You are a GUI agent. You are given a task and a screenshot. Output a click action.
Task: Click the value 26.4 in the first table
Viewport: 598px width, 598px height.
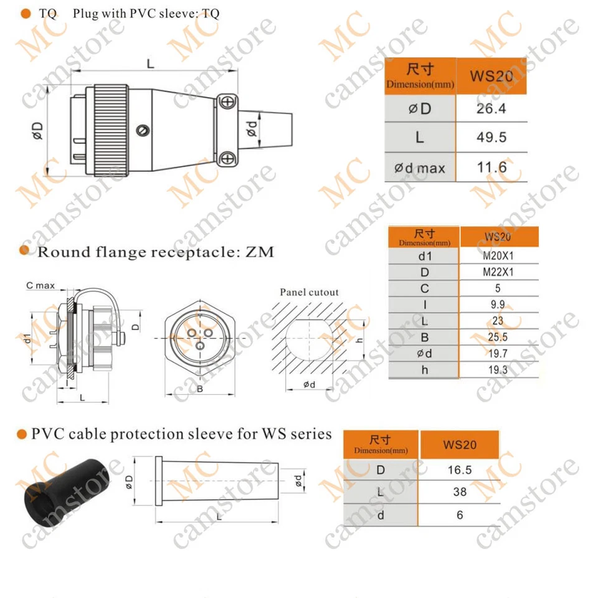[x=491, y=109]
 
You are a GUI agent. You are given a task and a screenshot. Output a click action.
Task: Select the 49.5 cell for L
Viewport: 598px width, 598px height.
[x=491, y=138]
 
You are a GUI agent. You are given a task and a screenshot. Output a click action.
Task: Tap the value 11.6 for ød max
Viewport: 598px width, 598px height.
[x=491, y=168]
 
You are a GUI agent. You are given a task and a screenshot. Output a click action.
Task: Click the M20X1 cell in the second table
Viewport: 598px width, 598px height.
[x=498, y=255]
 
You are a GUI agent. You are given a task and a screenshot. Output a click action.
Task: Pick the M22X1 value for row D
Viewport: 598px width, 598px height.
[x=498, y=272]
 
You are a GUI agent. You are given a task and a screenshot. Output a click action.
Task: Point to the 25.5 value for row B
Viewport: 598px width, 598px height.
[x=498, y=338]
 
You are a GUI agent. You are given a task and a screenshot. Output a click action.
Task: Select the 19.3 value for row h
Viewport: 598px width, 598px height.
[x=498, y=370]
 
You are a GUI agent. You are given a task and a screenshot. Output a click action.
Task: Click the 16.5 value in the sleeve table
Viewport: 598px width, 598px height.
[x=460, y=470]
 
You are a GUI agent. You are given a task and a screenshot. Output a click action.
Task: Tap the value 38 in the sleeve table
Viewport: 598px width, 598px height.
[x=460, y=492]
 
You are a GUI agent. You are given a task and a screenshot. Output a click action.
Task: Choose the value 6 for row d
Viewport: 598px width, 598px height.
[x=460, y=515]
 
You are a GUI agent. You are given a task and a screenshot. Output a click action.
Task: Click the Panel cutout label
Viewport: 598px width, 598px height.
[x=309, y=292]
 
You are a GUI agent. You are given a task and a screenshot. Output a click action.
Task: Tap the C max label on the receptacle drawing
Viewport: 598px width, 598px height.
[x=40, y=286]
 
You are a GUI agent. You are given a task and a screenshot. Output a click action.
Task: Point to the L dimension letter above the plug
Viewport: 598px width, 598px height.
[x=150, y=63]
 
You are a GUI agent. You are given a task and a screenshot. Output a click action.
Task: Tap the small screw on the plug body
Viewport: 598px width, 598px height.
[x=145, y=130]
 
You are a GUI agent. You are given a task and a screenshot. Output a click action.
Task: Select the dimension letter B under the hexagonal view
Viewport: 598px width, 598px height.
[x=199, y=389]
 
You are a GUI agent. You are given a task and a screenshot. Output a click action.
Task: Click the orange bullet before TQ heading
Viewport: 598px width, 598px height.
[x=26, y=13]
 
